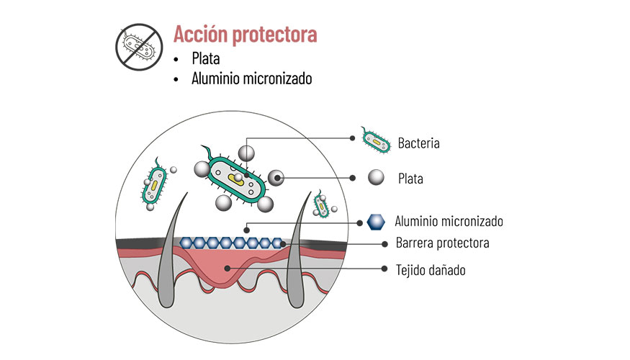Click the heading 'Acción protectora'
[245, 34]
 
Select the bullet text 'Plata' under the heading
[206, 58]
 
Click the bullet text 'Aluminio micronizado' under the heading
[252, 79]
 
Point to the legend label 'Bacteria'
[418, 143]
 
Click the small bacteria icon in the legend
[375, 142]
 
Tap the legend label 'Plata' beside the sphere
[410, 178]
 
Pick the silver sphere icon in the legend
[376, 178]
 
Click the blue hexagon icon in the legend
[376, 222]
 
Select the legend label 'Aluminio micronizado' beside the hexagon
[449, 221]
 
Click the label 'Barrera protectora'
[443, 243]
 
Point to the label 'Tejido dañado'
[431, 270]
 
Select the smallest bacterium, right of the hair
[322, 204]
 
